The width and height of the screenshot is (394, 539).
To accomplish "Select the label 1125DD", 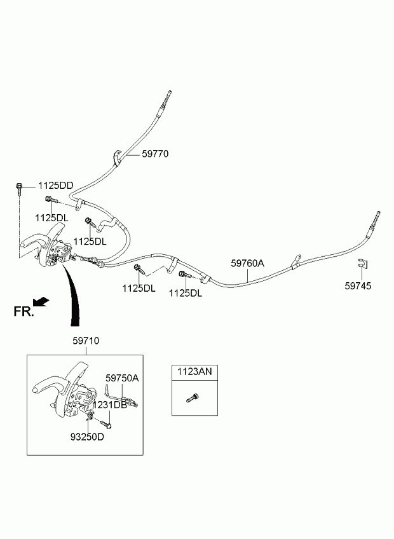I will point(55,186).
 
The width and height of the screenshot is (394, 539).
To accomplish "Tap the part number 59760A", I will point(247,262).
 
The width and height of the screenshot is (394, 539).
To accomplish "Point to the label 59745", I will point(358,286).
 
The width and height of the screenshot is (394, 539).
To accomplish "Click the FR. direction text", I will point(23,311).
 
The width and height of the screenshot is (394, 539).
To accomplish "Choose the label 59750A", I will point(121,378).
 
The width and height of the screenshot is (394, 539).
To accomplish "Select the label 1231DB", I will point(109,405).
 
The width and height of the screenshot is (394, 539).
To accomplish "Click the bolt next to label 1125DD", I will point(19,188).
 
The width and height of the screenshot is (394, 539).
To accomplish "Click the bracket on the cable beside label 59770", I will point(118,156).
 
